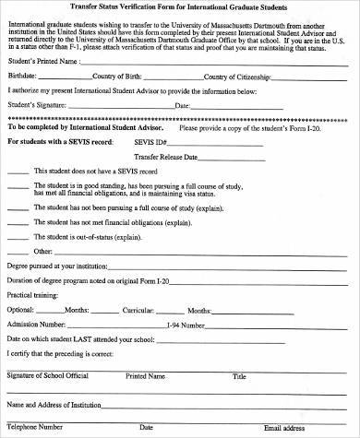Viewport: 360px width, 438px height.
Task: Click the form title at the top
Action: (x=181, y=7)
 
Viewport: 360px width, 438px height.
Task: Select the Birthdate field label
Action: (x=23, y=77)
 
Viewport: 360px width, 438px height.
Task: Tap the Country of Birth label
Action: (x=116, y=77)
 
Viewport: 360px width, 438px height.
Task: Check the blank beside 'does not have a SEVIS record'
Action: (x=17, y=172)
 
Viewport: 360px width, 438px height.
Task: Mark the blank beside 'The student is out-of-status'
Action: (x=17, y=235)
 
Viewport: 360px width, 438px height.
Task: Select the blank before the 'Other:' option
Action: (x=17, y=250)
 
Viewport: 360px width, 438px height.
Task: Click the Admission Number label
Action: (x=35, y=326)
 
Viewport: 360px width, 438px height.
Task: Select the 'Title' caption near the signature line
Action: (x=240, y=376)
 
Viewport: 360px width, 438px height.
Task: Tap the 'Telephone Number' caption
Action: (x=35, y=427)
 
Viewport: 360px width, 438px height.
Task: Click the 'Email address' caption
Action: (x=284, y=428)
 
